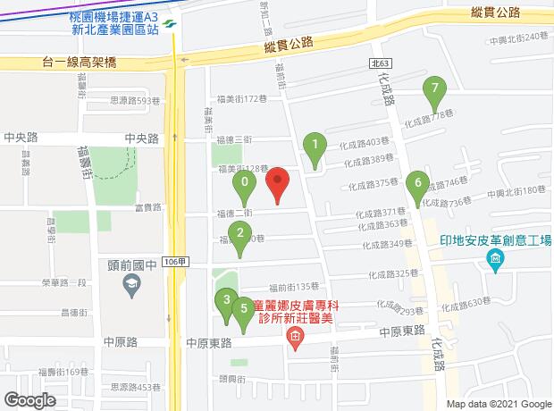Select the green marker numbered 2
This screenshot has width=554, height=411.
click(x=239, y=235)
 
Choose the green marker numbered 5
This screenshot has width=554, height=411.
click(x=244, y=309)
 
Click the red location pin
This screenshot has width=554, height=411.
click(x=278, y=184)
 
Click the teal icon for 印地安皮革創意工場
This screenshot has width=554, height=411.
click(x=495, y=261)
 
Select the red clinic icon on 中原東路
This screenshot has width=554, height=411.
click(x=294, y=335)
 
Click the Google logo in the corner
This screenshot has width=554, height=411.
click(x=29, y=399)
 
